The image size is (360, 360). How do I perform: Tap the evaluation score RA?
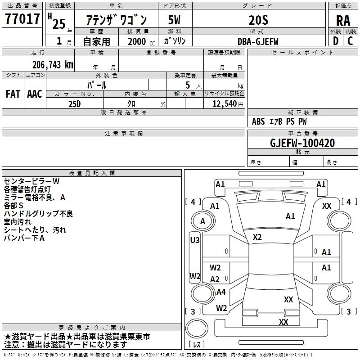click(343, 20)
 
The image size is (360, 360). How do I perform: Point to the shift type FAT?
click(13, 94)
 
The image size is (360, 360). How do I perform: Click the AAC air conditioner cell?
click(35, 94)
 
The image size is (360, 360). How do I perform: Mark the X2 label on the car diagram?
click(257, 237)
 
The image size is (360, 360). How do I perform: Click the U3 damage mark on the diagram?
click(194, 240)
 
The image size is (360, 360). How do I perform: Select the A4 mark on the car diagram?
click(221, 292)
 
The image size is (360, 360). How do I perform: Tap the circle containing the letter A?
click(202, 221)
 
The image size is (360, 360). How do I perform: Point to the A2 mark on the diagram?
click(215, 279)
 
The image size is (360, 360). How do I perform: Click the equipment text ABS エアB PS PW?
click(280, 121)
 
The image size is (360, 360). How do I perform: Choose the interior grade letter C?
click(350, 41)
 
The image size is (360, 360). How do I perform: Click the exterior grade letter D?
click(336, 41)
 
